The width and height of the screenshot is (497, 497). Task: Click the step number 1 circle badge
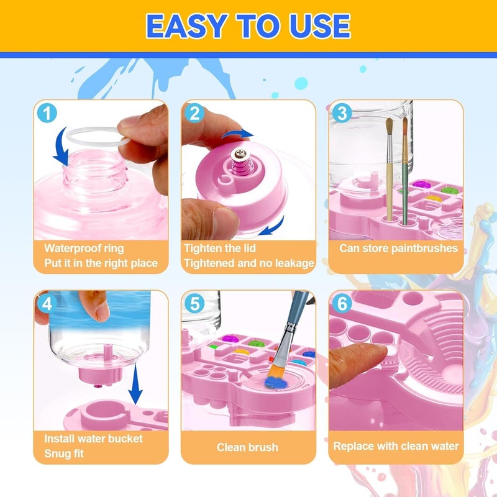[47, 114]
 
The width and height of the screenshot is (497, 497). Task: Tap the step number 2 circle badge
[195, 114]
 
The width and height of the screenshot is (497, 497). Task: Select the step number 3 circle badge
[342, 114]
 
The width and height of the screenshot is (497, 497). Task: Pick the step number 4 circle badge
[47, 304]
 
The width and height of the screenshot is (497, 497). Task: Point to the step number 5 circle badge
[195, 304]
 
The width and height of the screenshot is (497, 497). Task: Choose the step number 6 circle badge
[342, 304]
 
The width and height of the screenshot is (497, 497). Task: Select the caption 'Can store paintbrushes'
[398, 248]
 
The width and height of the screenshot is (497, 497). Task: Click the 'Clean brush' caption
[247, 447]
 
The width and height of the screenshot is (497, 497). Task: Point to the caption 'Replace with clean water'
[396, 446]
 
